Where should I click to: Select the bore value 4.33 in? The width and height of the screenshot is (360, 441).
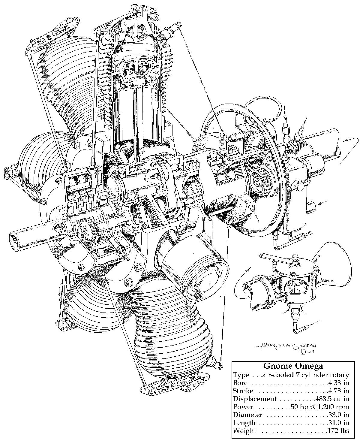tap(338, 383)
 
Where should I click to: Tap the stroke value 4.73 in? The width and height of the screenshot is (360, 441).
tap(338, 391)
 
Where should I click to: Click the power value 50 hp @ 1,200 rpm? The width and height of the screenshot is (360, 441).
tap(320, 407)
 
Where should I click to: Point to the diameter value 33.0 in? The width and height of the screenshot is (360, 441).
tap(338, 415)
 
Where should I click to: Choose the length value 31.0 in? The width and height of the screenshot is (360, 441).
tap(338, 423)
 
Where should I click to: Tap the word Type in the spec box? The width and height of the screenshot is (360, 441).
tap(241, 375)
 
